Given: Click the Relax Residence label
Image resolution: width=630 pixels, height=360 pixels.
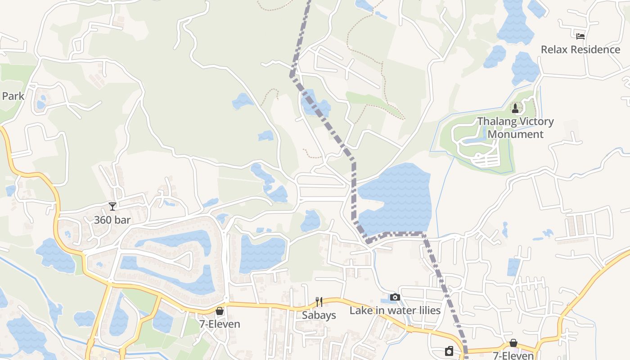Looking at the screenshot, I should tap(580, 49).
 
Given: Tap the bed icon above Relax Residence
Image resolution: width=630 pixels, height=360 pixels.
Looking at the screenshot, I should tap(580, 36).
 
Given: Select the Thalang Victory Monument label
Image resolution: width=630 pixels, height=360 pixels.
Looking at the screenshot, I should tap(515, 128).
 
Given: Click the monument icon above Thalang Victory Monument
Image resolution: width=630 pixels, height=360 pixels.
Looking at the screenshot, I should tap(515, 108).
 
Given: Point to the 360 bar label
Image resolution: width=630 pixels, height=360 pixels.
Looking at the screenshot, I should tap(112, 220).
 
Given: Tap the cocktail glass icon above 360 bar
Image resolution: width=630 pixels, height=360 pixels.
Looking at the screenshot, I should tap(112, 206).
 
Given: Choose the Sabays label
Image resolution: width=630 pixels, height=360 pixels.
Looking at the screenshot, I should tap(319, 315).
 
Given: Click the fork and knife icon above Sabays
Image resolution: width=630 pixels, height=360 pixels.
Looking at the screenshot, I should tap(319, 301).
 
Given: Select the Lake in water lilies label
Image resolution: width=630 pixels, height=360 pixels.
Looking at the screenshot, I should tap(395, 310).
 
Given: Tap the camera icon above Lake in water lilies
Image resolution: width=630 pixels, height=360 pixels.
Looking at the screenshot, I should tap(395, 297).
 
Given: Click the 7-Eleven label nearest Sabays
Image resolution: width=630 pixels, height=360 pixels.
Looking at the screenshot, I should tap(220, 324).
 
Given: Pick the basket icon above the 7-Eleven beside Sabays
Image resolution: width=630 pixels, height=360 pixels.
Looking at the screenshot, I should tap(220, 311).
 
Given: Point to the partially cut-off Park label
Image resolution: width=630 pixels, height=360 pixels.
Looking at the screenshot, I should tap(13, 96).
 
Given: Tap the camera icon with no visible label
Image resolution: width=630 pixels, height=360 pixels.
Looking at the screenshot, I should tap(449, 351).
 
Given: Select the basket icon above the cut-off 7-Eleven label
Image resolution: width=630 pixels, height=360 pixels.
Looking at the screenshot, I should tap(513, 343).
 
